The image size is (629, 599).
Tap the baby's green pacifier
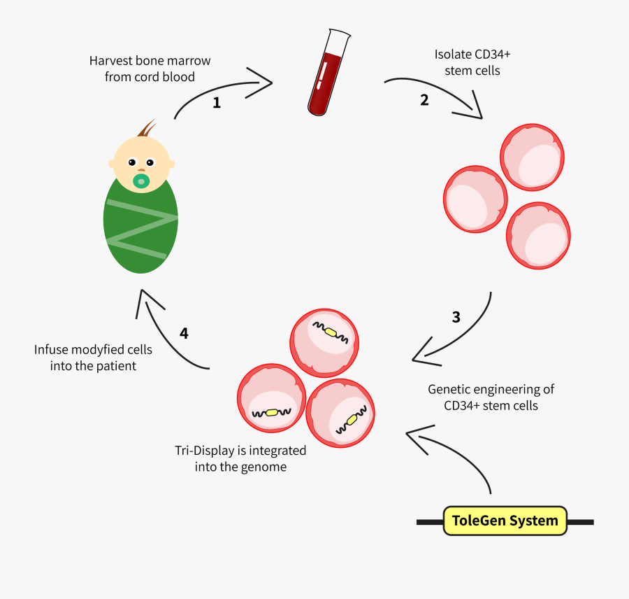(142, 181)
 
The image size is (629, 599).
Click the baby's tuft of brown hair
(147, 129)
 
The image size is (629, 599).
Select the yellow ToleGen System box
(505, 521)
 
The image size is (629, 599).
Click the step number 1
(217, 103)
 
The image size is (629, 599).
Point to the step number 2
(424, 99)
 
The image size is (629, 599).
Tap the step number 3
(456, 317)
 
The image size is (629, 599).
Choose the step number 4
(184, 333)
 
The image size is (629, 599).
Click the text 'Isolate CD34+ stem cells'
(468, 62)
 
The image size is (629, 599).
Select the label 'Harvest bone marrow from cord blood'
(150, 69)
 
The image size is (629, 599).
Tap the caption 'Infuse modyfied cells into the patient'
(93, 357)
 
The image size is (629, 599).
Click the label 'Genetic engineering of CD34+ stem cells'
(491, 397)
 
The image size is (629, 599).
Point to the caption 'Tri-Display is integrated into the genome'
(240, 458)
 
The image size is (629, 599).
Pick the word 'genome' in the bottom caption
(265, 467)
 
